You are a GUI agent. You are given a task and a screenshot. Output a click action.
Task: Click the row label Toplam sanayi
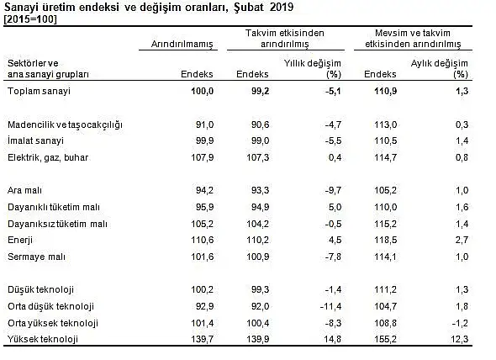click(x=39, y=91)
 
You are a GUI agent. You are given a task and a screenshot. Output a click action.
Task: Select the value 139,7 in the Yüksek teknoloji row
click(x=202, y=339)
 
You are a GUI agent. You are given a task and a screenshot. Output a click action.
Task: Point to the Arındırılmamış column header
click(x=182, y=44)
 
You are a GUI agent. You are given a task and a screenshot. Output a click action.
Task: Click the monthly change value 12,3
click(x=459, y=339)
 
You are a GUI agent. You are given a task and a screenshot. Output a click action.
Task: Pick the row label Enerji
click(x=20, y=241)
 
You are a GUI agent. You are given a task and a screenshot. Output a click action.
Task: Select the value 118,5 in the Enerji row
click(x=385, y=240)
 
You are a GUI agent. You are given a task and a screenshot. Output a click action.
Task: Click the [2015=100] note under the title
click(x=30, y=19)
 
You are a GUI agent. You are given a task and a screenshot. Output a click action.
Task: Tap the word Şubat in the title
click(x=249, y=7)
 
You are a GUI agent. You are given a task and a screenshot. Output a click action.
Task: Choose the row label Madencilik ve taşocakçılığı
click(x=65, y=124)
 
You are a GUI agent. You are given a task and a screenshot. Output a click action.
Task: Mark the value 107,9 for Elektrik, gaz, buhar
click(x=202, y=157)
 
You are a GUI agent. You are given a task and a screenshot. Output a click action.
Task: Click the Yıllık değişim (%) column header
click(x=312, y=69)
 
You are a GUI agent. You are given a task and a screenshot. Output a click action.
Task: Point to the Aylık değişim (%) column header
click(x=439, y=69)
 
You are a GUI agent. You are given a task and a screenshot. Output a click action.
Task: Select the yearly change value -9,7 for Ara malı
click(x=333, y=191)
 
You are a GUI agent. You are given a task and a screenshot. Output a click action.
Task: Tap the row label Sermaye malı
click(x=36, y=257)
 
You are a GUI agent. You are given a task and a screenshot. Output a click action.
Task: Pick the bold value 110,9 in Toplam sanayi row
click(x=385, y=91)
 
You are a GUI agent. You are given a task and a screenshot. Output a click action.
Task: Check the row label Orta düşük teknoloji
click(x=51, y=306)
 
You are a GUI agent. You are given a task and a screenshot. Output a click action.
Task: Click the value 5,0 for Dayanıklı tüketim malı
click(x=335, y=208)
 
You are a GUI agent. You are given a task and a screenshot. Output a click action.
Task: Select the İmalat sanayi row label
click(x=36, y=141)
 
